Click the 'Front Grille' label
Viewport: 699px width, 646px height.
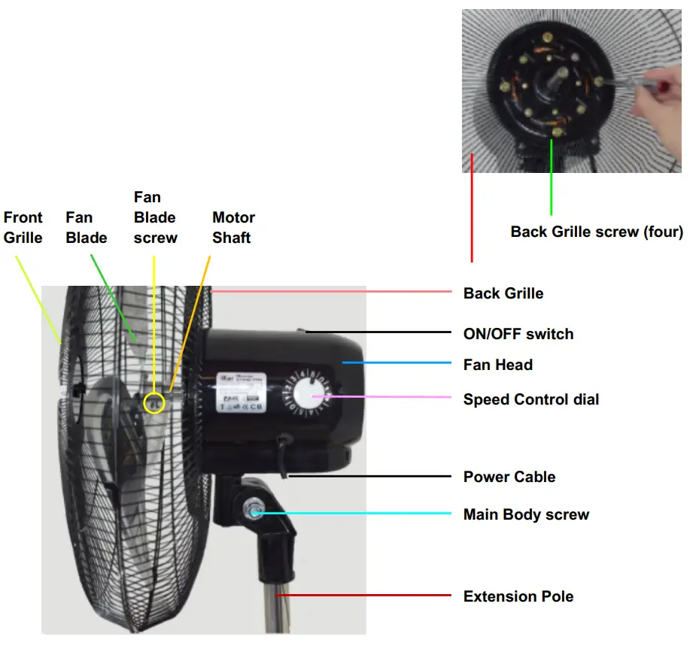(23, 227)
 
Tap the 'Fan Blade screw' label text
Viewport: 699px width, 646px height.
(156, 217)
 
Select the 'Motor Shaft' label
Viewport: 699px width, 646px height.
(233, 227)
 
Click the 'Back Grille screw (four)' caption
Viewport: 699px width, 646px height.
(597, 232)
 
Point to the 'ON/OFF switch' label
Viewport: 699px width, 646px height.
(518, 334)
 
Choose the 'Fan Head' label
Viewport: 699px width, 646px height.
(497, 365)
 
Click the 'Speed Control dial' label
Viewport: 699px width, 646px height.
(531, 399)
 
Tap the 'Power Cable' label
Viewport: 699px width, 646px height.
(509, 477)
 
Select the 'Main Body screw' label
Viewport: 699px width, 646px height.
(526, 514)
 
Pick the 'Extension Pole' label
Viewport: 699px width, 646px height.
(518, 596)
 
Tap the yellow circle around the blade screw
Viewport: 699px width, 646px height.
(154, 403)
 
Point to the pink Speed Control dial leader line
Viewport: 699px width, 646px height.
(384, 396)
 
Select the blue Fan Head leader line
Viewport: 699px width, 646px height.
(399, 363)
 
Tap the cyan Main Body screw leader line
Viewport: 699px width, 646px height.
(354, 514)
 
